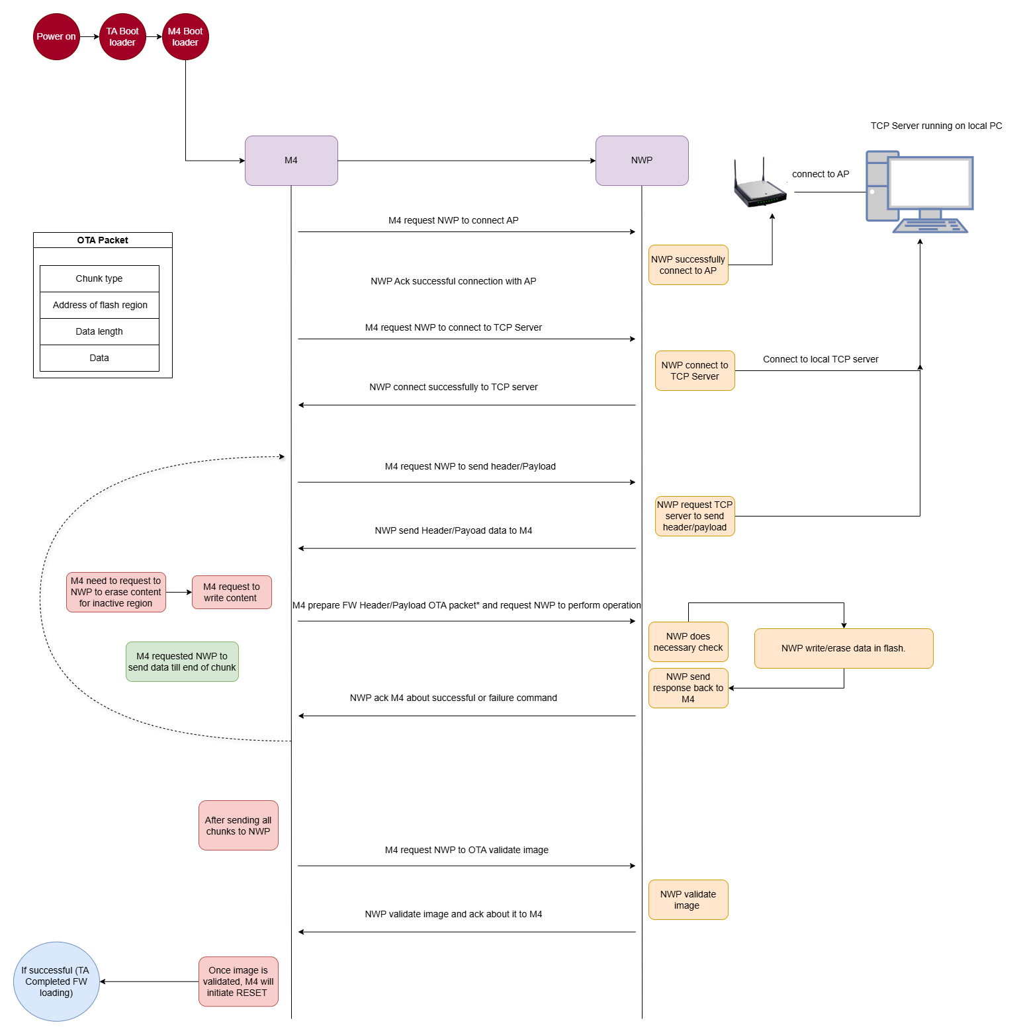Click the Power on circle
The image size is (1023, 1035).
tap(56, 37)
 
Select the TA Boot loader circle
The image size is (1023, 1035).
tap(122, 37)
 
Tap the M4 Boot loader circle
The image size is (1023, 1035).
tap(185, 37)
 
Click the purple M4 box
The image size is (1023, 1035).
tap(291, 161)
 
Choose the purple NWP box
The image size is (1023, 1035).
tap(642, 161)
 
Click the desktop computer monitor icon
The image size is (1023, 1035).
tap(930, 185)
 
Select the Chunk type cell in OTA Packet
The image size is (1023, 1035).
tap(99, 278)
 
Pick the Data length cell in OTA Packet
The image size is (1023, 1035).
tap(99, 331)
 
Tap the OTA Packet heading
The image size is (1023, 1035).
tap(103, 240)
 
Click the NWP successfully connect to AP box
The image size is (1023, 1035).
tap(688, 265)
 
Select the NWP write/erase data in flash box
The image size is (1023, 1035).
tap(844, 648)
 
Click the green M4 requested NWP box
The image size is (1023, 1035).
tap(182, 661)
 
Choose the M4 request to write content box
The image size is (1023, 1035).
tap(232, 592)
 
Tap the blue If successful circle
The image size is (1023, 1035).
tap(56, 981)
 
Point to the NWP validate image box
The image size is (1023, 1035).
tap(688, 899)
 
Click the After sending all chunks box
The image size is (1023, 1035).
tap(238, 825)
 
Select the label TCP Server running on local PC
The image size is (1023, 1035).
tap(936, 126)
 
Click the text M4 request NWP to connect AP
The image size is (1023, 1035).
tap(453, 220)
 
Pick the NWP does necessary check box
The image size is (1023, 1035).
tap(688, 642)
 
